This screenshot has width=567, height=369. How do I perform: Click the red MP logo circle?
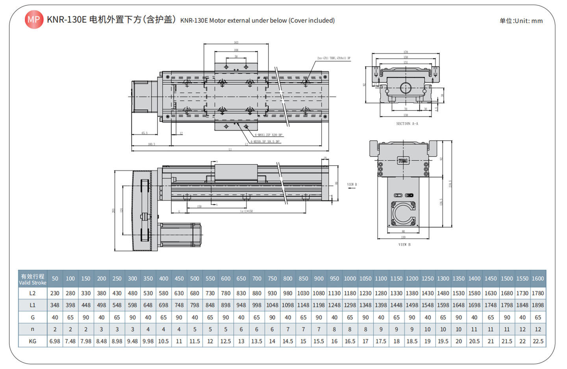(x=34, y=19)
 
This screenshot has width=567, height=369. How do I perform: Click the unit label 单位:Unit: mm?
(x=521, y=21)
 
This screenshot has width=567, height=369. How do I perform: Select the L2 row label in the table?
(x=32, y=293)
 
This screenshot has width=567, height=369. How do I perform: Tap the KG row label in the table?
(x=32, y=341)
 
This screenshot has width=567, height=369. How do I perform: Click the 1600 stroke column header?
(x=537, y=278)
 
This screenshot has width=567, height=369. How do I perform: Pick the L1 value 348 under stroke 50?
(x=55, y=305)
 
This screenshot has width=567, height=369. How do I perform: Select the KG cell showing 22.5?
(x=537, y=341)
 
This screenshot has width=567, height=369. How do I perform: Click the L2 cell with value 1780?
(x=537, y=293)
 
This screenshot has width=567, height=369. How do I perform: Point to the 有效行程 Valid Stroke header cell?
(x=32, y=279)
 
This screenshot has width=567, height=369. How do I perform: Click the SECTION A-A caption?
(x=407, y=124)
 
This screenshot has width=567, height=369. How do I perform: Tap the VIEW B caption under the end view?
(x=404, y=245)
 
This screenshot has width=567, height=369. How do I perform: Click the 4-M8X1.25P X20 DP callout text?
(x=268, y=135)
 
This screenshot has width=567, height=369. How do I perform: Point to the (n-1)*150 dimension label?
(x=246, y=211)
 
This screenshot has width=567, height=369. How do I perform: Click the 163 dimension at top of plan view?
(x=236, y=43)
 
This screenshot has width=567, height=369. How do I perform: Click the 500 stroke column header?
(x=195, y=278)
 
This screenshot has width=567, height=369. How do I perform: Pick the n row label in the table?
(x=32, y=329)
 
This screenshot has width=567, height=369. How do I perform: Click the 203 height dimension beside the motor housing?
(x=113, y=211)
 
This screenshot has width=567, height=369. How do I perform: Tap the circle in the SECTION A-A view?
(x=406, y=88)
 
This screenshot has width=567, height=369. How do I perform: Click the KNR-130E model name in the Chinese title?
(x=67, y=20)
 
